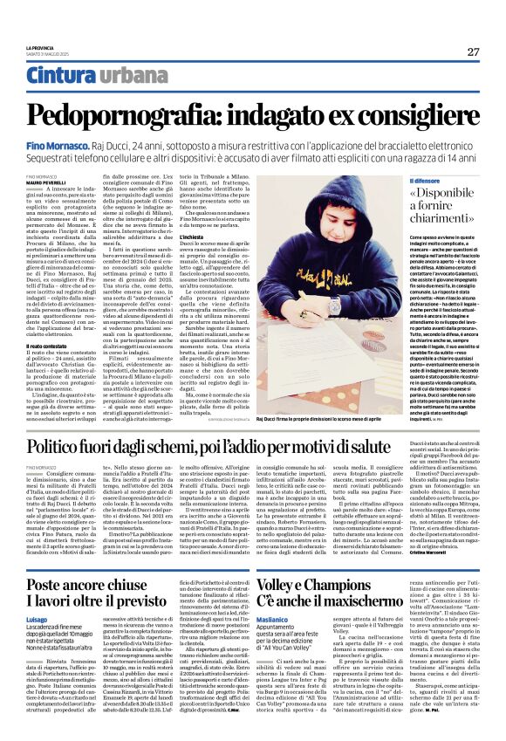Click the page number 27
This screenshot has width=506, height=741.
pos(473,51)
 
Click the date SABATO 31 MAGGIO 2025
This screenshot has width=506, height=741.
pos(51,54)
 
